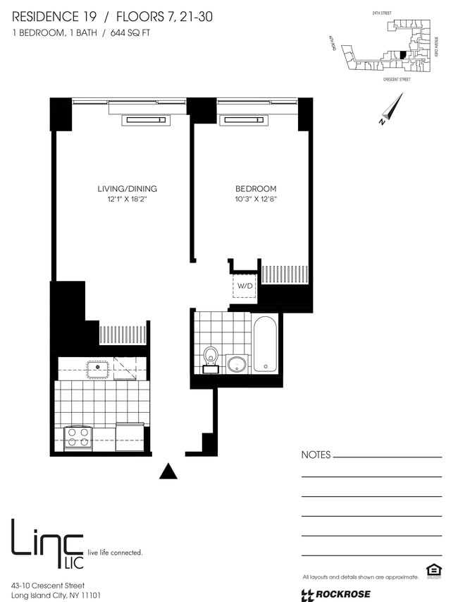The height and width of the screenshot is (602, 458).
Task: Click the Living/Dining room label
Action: (x=127, y=188)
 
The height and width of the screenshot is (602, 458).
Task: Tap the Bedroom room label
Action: (x=255, y=188)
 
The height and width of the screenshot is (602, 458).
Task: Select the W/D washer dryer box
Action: (x=245, y=286)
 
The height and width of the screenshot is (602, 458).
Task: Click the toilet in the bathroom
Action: (x=210, y=357)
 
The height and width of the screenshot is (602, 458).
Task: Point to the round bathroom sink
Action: (x=237, y=364)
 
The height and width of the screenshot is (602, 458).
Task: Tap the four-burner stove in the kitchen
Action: (x=78, y=438)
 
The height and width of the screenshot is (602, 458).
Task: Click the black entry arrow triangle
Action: (x=168, y=471)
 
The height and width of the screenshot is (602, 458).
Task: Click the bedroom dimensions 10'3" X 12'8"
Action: (x=255, y=200)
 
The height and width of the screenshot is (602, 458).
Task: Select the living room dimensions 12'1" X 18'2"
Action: (x=127, y=200)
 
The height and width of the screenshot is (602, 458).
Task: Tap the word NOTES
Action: (x=316, y=455)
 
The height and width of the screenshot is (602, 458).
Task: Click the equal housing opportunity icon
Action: (x=431, y=570)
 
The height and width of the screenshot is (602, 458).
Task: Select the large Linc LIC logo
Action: (x=47, y=543)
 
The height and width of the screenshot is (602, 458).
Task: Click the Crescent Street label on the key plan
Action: (x=396, y=80)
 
